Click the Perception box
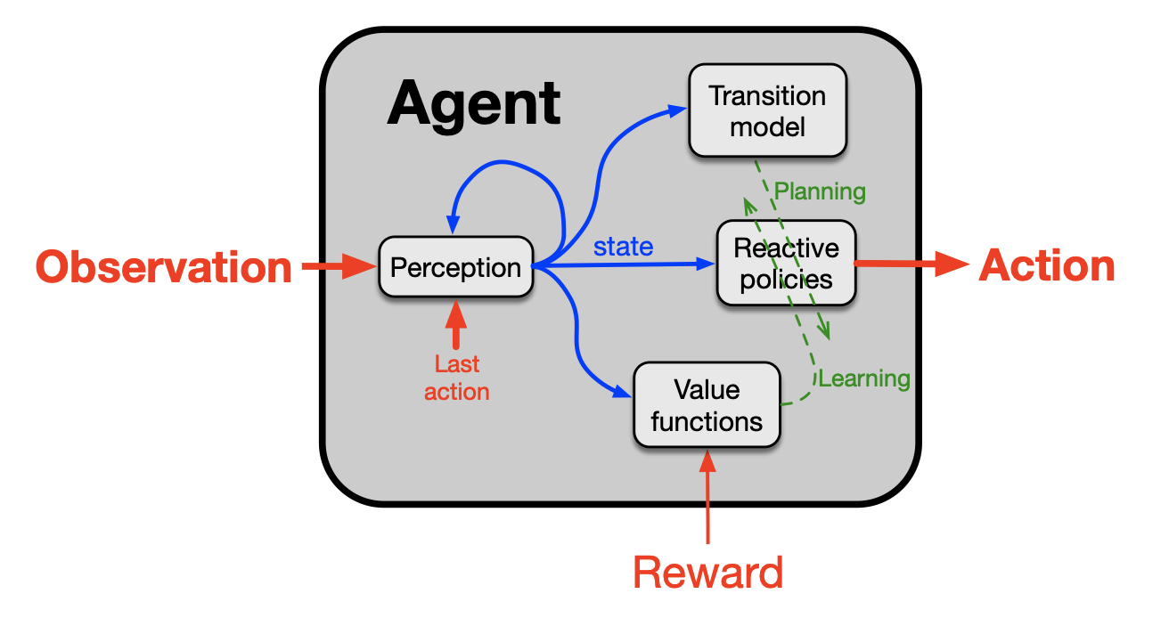point(456,267)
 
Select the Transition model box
point(768,110)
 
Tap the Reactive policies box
point(787,263)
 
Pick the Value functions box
point(707,404)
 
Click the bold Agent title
point(474,104)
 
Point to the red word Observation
point(163,267)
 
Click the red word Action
point(1047,265)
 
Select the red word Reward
point(708,572)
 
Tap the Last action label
point(456,378)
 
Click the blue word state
point(623,247)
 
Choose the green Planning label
point(820,191)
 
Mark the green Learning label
point(864,378)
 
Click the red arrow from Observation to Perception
point(339,266)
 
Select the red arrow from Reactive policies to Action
point(911,264)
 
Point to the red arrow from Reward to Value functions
point(707,497)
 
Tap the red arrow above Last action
point(456,324)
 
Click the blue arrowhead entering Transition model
point(678,110)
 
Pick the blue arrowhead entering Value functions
point(622,391)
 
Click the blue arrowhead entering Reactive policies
point(706,264)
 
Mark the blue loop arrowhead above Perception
point(453,224)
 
